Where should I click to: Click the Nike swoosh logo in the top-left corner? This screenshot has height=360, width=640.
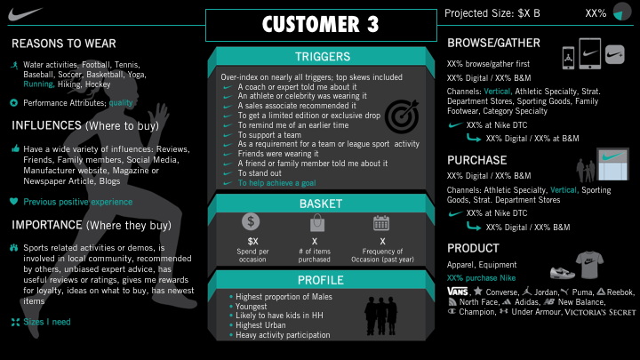(24, 14)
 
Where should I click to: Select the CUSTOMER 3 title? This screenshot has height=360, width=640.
(321, 25)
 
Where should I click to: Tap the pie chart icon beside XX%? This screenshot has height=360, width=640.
(622, 12)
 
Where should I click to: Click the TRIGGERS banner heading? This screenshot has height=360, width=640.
(323, 56)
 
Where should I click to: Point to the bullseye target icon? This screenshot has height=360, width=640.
(402, 116)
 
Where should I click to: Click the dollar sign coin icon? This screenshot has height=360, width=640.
(251, 221)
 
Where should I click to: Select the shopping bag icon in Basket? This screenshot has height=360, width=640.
(317, 223)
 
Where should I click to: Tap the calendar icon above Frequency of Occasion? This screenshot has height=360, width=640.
(381, 223)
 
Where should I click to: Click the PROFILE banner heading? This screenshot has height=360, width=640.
(321, 280)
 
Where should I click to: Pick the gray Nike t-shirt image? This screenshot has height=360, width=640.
(589, 265)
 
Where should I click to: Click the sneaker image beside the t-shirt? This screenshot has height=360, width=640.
(563, 272)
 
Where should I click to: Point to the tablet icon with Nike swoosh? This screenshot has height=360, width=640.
(590, 53)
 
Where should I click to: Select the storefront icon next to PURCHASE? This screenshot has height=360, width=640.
(612, 164)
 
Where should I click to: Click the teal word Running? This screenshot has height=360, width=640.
(39, 84)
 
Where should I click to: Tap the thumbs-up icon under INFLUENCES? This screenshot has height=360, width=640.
(15, 148)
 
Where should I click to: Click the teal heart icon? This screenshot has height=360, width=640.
(14, 201)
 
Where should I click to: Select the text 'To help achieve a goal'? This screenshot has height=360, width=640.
(276, 183)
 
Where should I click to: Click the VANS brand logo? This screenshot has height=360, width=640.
(458, 292)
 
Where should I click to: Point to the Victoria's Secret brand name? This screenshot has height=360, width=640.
(600, 312)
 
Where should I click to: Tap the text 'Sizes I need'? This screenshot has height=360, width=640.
(47, 322)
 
